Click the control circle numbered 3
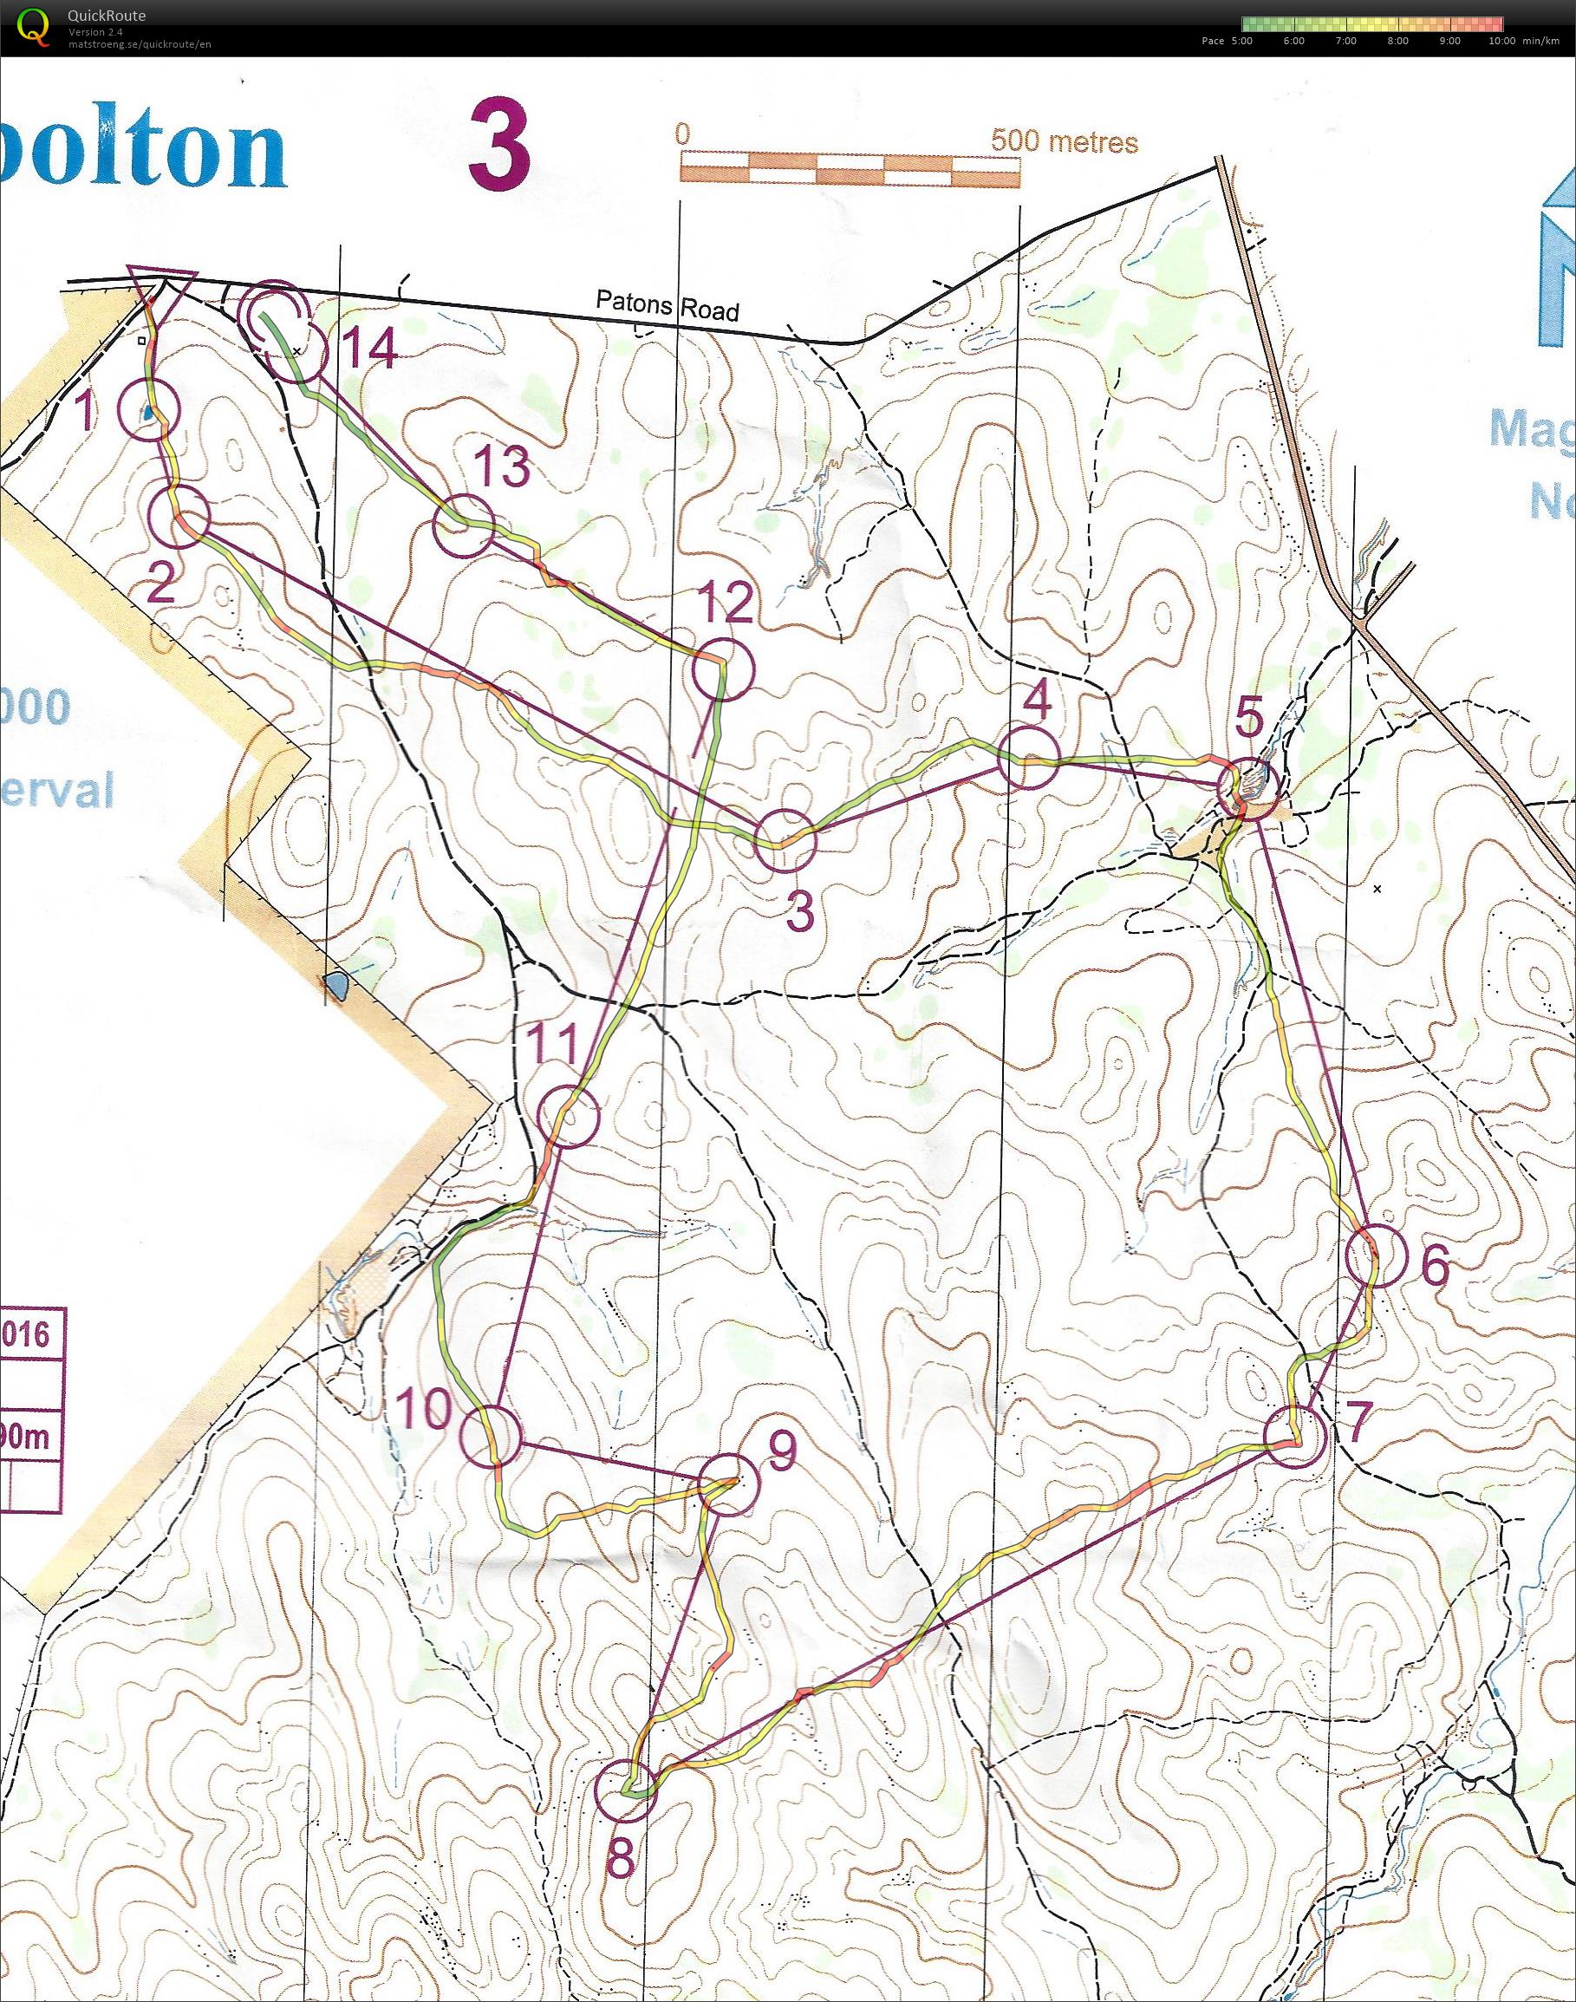(786, 840)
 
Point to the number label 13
(504, 466)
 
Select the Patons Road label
(668, 304)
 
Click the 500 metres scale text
(1064, 141)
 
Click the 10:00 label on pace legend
(1501, 41)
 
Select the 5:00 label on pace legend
(1241, 41)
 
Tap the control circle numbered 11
(569, 1117)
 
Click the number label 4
(1036, 701)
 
